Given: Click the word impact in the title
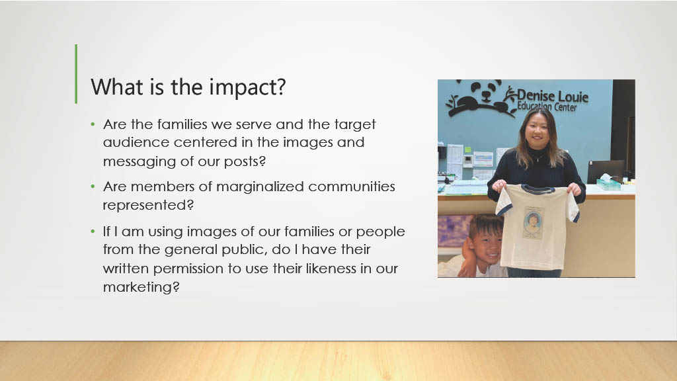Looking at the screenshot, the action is pyautogui.click(x=247, y=88).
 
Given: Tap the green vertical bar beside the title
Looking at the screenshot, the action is pyautogui.click(x=76, y=74).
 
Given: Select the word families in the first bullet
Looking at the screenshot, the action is pyautogui.click(x=182, y=124).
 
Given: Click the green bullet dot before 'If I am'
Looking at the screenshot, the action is pyautogui.click(x=93, y=232).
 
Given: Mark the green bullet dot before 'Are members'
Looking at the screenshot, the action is pyautogui.click(x=93, y=187).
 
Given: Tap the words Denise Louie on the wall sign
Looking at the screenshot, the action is pyautogui.click(x=553, y=95).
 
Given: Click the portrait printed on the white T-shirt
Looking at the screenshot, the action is pyautogui.click(x=534, y=222).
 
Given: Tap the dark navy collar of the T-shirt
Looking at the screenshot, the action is pyautogui.click(x=537, y=189).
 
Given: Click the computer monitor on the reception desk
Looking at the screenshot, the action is pyautogui.click(x=605, y=171).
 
